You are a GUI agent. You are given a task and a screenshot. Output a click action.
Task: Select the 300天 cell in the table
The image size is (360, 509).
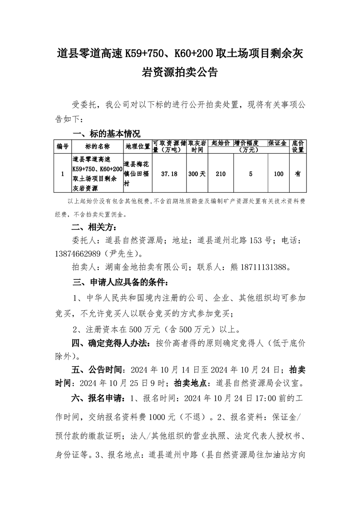coord(197,174)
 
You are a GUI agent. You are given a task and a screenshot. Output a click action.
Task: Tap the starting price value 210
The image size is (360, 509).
coord(221,174)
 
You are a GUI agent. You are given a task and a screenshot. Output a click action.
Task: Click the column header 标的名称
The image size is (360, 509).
coord(97,147)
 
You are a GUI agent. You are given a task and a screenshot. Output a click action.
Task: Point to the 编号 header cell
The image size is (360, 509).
coord(63,147)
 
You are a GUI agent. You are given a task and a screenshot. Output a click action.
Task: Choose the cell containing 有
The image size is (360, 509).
coord(298,174)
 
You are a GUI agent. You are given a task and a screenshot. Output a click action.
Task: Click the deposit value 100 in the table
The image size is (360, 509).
coord(279,174)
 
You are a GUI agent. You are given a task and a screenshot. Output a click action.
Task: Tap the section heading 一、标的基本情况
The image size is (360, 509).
coord(107,134)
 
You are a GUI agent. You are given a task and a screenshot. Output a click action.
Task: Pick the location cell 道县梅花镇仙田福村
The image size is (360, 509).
coord(138,174)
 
